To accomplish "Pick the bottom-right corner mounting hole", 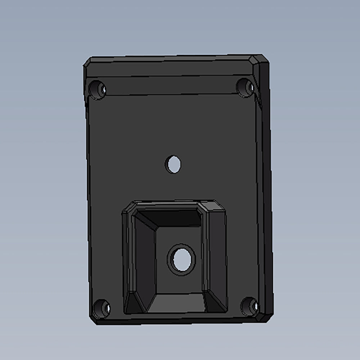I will (x=249, y=306).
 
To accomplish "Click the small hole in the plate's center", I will (x=173, y=164).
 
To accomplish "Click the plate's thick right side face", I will (x=266, y=187).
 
